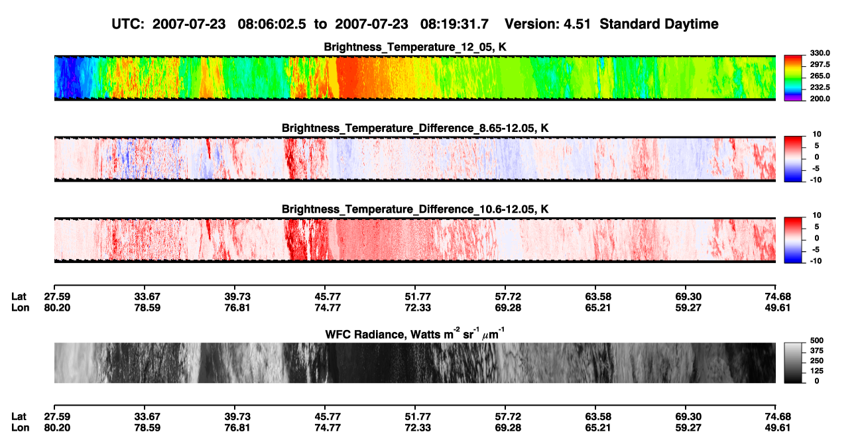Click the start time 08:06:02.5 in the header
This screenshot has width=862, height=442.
pyautogui.click(x=272, y=25)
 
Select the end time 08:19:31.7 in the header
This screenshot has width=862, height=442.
pyautogui.click(x=454, y=25)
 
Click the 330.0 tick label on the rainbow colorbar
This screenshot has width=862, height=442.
pyautogui.click(x=820, y=53)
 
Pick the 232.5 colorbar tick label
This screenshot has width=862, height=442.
pyautogui.click(x=820, y=87)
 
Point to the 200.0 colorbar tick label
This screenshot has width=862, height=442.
pyautogui.click(x=820, y=99)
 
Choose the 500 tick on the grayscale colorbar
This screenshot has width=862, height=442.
pyautogui.click(x=817, y=341)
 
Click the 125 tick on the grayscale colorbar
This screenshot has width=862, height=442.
pyautogui.click(x=817, y=371)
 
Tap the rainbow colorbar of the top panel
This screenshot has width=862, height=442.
pyautogui.click(x=793, y=78)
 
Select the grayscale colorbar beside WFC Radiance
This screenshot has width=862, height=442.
pyautogui.click(x=793, y=362)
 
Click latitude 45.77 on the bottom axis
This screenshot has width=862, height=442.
pyautogui.click(x=328, y=417)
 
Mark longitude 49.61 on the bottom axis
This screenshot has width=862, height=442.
pyautogui.click(x=778, y=428)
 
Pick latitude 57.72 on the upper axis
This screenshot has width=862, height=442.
pyautogui.click(x=508, y=297)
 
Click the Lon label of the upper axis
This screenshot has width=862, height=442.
pyautogui.click(x=21, y=307)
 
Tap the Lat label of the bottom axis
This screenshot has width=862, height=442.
pyautogui.click(x=19, y=417)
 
